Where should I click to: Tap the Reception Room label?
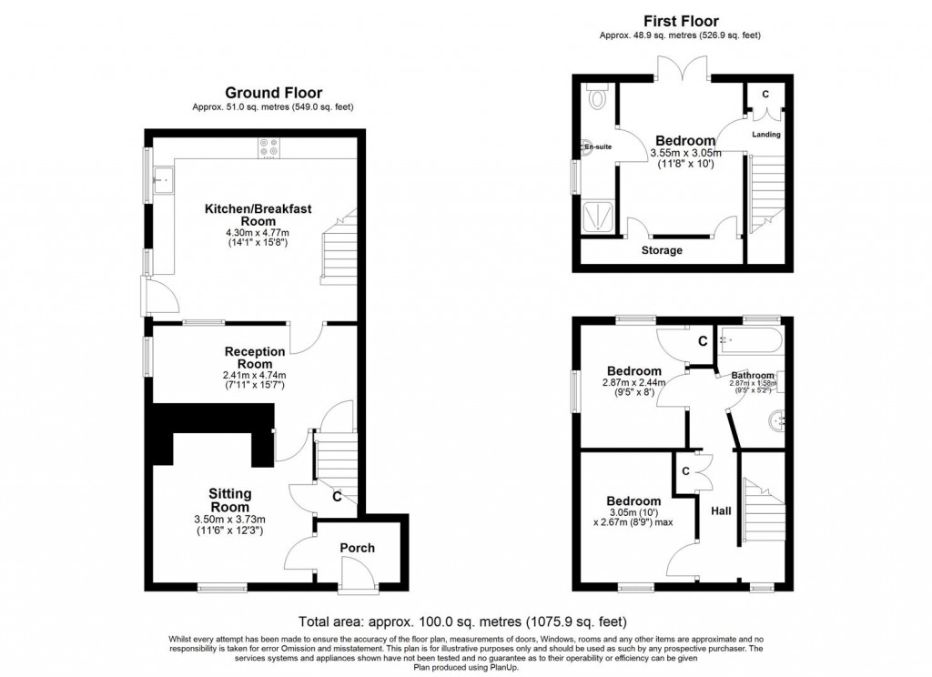pyautogui.click(x=255, y=357)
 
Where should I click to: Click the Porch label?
pyautogui.click(x=358, y=548)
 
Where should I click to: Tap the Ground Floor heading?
pyautogui.click(x=273, y=93)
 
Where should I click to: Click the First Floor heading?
pyautogui.click(x=680, y=21)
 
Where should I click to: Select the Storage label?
pyautogui.click(x=661, y=250)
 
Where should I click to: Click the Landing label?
pyautogui.click(x=765, y=135)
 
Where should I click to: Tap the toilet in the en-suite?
pyautogui.click(x=597, y=96)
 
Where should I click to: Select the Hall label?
pyautogui.click(x=721, y=511)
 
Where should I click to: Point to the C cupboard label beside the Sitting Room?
pyautogui.click(x=337, y=497)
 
